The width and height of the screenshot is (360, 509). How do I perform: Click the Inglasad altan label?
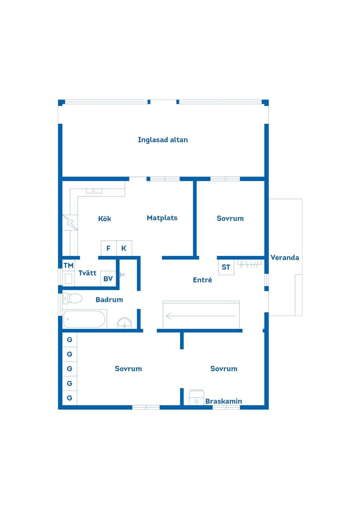coord(163,140)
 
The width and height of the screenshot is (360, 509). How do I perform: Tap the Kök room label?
coord(105,219)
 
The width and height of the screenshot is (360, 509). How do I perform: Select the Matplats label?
coord(162,218)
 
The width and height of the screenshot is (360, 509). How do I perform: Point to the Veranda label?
coord(285,257)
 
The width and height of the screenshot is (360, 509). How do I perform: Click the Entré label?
coord(202,280)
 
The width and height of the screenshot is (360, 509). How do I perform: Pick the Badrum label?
coord(109,299)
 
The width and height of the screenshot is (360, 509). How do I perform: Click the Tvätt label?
coord(87,273)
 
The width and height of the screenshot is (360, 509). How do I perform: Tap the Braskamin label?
coord(223,401)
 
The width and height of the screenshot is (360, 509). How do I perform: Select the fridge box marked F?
coord(109,248)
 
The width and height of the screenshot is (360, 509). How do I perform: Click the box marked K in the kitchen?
coord(124,248)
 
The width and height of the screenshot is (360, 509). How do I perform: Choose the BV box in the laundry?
coord(108,278)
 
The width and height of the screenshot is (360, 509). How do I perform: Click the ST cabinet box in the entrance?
coord(226,267)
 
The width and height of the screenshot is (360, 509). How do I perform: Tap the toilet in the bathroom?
coord(72,298)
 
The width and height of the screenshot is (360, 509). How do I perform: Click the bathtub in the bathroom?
coord(84,319)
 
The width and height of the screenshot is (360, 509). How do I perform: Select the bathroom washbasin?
coord(124,323)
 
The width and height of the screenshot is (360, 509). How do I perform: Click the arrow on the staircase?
coord(201,316)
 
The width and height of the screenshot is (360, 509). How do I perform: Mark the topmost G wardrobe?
coord(69,340)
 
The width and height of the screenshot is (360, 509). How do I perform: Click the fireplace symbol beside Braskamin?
coord(196,397)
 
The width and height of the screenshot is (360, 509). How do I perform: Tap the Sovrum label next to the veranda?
coord(230,219)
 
